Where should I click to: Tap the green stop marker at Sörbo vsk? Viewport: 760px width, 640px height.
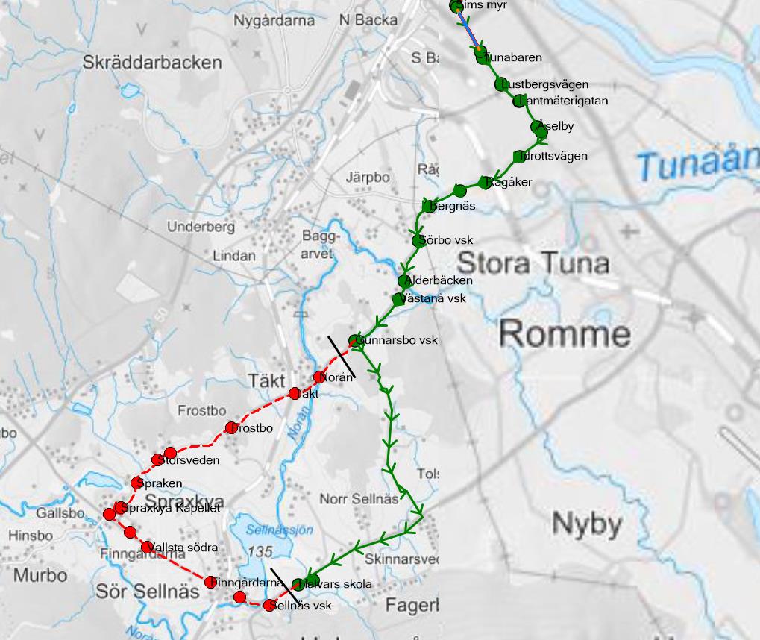coord(418,240)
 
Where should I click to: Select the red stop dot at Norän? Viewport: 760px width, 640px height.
coord(320,377)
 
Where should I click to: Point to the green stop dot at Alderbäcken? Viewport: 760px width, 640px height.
coord(404,281)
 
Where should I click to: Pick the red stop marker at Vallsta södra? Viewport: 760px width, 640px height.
coord(147,547)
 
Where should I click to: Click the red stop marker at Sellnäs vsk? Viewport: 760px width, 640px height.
coord(270,605)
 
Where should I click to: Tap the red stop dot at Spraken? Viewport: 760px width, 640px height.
coord(136,483)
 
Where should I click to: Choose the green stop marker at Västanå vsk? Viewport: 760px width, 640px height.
coord(398,299)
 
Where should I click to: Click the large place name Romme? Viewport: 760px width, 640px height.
coord(565,333)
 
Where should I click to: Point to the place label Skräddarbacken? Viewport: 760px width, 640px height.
coord(152,62)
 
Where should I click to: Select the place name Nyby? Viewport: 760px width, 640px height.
coord(587,524)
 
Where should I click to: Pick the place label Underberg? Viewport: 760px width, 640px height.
coord(201,226)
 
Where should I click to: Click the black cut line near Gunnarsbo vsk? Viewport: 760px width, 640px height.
coord(342,357)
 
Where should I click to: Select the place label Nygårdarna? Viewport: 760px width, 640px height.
coord(274,21)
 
